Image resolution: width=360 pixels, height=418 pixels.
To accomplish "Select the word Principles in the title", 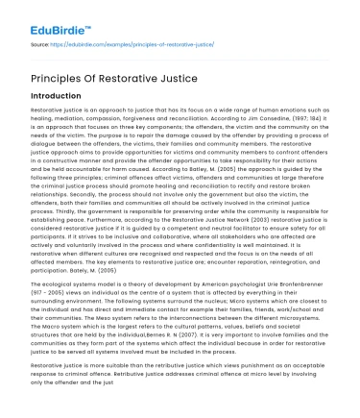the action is [60, 79].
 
